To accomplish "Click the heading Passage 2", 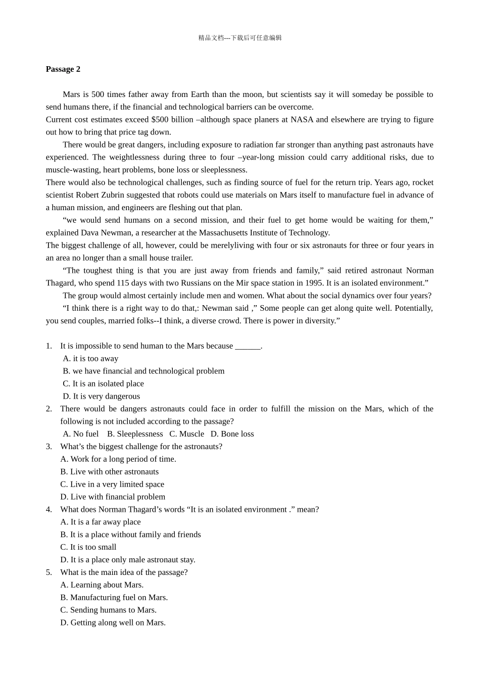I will click(x=63, y=69).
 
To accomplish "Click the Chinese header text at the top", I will click(x=240, y=38).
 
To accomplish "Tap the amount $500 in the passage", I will click(x=161, y=120).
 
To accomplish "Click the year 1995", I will click(x=314, y=283).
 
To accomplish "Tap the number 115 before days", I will click(x=123, y=283).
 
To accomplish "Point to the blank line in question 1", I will click(x=248, y=346).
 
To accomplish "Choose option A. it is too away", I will click(x=90, y=359).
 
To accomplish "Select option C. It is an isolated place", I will click(x=103, y=384).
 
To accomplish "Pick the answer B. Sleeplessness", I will click(x=135, y=434).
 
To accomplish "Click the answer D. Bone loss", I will click(x=232, y=434).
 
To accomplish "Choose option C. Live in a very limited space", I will click(x=112, y=484).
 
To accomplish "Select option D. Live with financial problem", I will click(x=113, y=497).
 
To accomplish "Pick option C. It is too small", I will click(x=88, y=547).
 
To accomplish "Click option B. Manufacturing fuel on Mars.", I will click(x=114, y=598).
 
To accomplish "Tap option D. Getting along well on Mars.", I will click(x=113, y=623).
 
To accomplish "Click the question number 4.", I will click(x=49, y=510).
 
